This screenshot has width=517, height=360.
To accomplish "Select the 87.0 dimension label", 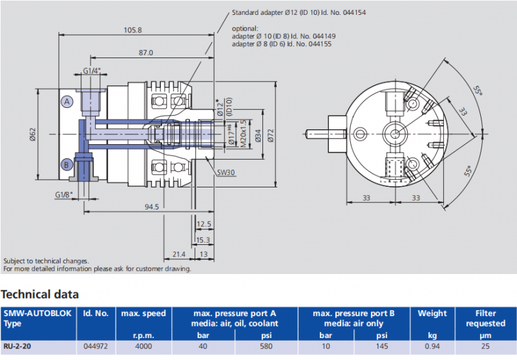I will (x=145, y=53).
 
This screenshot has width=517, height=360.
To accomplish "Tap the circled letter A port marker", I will (x=67, y=101).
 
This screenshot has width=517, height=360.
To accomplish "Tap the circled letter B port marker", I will (x=67, y=164).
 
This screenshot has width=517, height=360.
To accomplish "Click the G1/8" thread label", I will (x=63, y=195).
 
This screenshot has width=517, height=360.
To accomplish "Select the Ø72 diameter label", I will (x=271, y=135).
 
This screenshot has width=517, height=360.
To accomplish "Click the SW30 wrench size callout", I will (x=226, y=172).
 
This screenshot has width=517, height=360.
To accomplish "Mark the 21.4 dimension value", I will (x=178, y=254).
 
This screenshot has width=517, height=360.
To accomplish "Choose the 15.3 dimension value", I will (x=203, y=240).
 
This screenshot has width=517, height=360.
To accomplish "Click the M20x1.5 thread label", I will (x=243, y=134).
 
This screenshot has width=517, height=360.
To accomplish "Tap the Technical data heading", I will (x=40, y=295).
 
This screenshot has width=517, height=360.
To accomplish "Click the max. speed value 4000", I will (x=143, y=346).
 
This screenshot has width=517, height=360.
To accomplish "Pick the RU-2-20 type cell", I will (x=18, y=346).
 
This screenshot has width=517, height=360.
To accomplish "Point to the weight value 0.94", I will (x=432, y=346).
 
